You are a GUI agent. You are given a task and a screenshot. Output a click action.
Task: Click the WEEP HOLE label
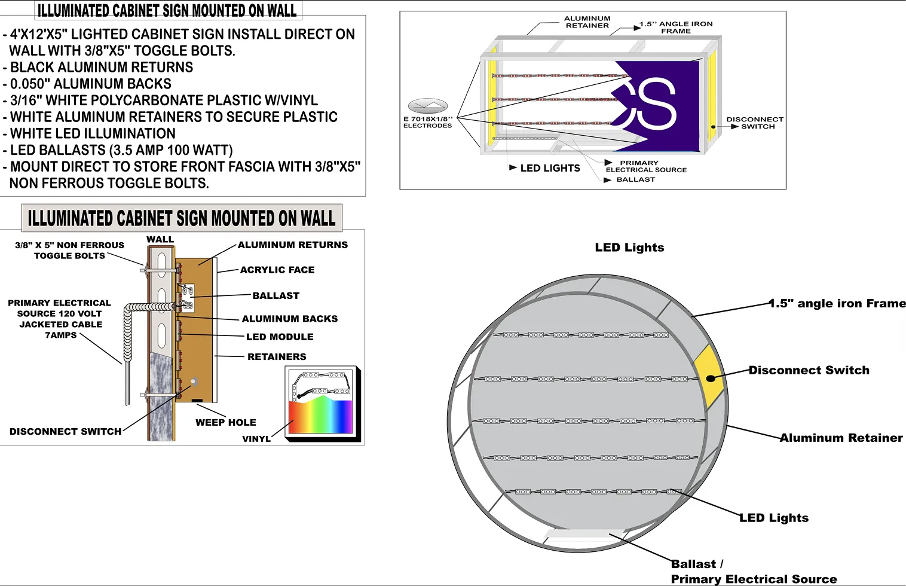(x=225, y=422)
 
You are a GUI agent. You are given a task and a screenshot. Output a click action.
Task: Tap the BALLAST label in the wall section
(x=276, y=295)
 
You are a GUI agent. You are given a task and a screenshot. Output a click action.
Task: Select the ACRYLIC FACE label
(x=277, y=270)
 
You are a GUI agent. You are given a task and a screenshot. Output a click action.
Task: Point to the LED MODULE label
(x=280, y=337)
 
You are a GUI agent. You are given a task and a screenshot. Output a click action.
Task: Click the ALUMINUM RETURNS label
(x=292, y=245)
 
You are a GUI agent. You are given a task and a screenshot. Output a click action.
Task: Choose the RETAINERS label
(x=277, y=356)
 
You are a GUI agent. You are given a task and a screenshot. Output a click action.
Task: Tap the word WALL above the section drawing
(x=160, y=239)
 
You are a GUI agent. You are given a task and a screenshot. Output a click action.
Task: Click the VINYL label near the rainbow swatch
(x=256, y=438)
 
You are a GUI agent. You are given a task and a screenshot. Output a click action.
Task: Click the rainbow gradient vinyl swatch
(x=321, y=417)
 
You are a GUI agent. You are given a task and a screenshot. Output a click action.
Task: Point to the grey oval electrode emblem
(x=427, y=106)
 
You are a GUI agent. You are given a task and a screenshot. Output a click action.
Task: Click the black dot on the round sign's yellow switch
(x=711, y=378)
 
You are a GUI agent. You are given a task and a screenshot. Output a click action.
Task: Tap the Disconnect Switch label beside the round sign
(x=809, y=370)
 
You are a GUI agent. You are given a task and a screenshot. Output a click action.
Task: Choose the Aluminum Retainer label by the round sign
(x=841, y=438)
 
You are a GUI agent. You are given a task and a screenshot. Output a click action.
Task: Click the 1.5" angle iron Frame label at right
(x=837, y=303)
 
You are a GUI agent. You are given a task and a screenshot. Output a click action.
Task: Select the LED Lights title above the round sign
(x=629, y=248)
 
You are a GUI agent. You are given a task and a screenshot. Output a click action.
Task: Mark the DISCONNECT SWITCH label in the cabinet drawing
(x=755, y=123)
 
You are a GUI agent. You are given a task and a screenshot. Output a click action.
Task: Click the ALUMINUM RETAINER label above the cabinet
(x=587, y=22)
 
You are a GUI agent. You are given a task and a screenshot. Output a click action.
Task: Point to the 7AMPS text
(x=61, y=335)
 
